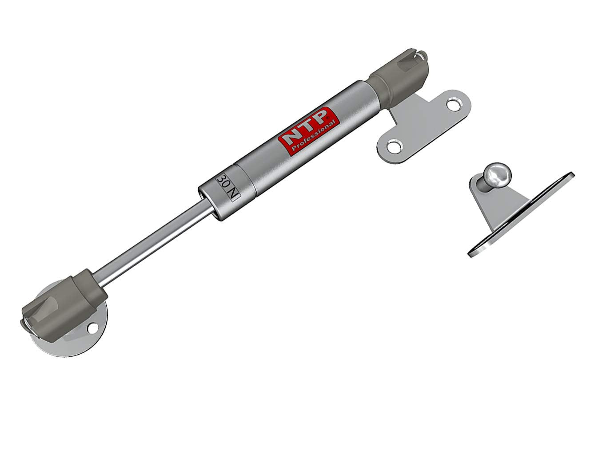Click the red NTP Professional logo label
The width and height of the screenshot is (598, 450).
309,131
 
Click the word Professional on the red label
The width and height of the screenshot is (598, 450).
313,136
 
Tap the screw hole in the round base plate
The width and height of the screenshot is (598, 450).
93,328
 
